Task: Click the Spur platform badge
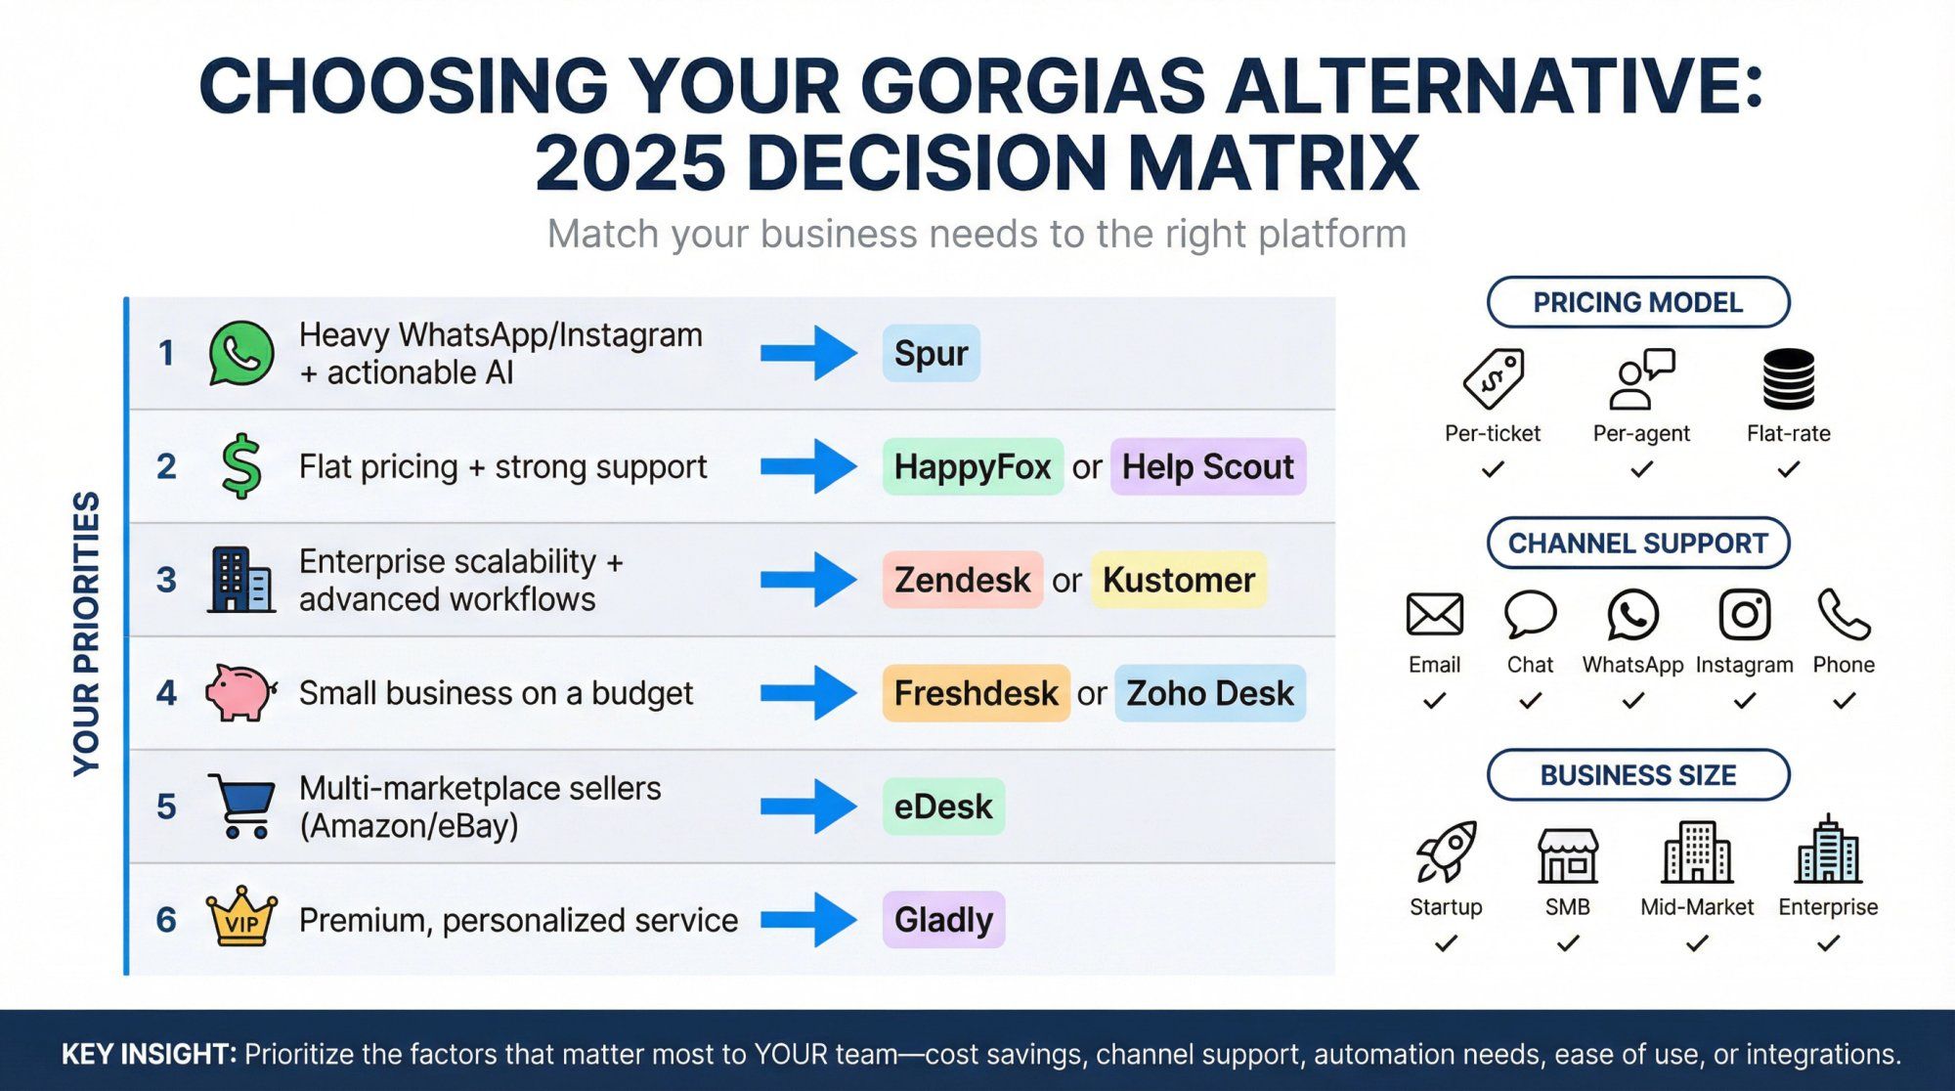pos(931,353)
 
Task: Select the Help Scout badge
pos(1207,466)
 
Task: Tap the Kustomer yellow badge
pos(1178,580)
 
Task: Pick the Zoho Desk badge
pos(1209,693)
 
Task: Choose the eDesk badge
pos(942,807)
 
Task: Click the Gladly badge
pos(943,920)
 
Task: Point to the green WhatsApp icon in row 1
pos(240,353)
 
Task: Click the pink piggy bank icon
pos(239,693)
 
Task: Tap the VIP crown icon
pos(241,917)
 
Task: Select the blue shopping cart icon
pos(240,806)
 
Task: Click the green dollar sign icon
pos(240,466)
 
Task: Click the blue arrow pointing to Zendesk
pos(808,580)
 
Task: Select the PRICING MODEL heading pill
pos(1637,302)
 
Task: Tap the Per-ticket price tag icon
pos(1493,378)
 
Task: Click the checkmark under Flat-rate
pos(1788,470)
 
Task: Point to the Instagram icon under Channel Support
pos(1744,615)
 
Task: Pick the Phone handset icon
pos(1844,614)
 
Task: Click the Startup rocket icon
pos(1446,851)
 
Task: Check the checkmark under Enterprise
pos(1828,943)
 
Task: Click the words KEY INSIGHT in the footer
pos(149,1054)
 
